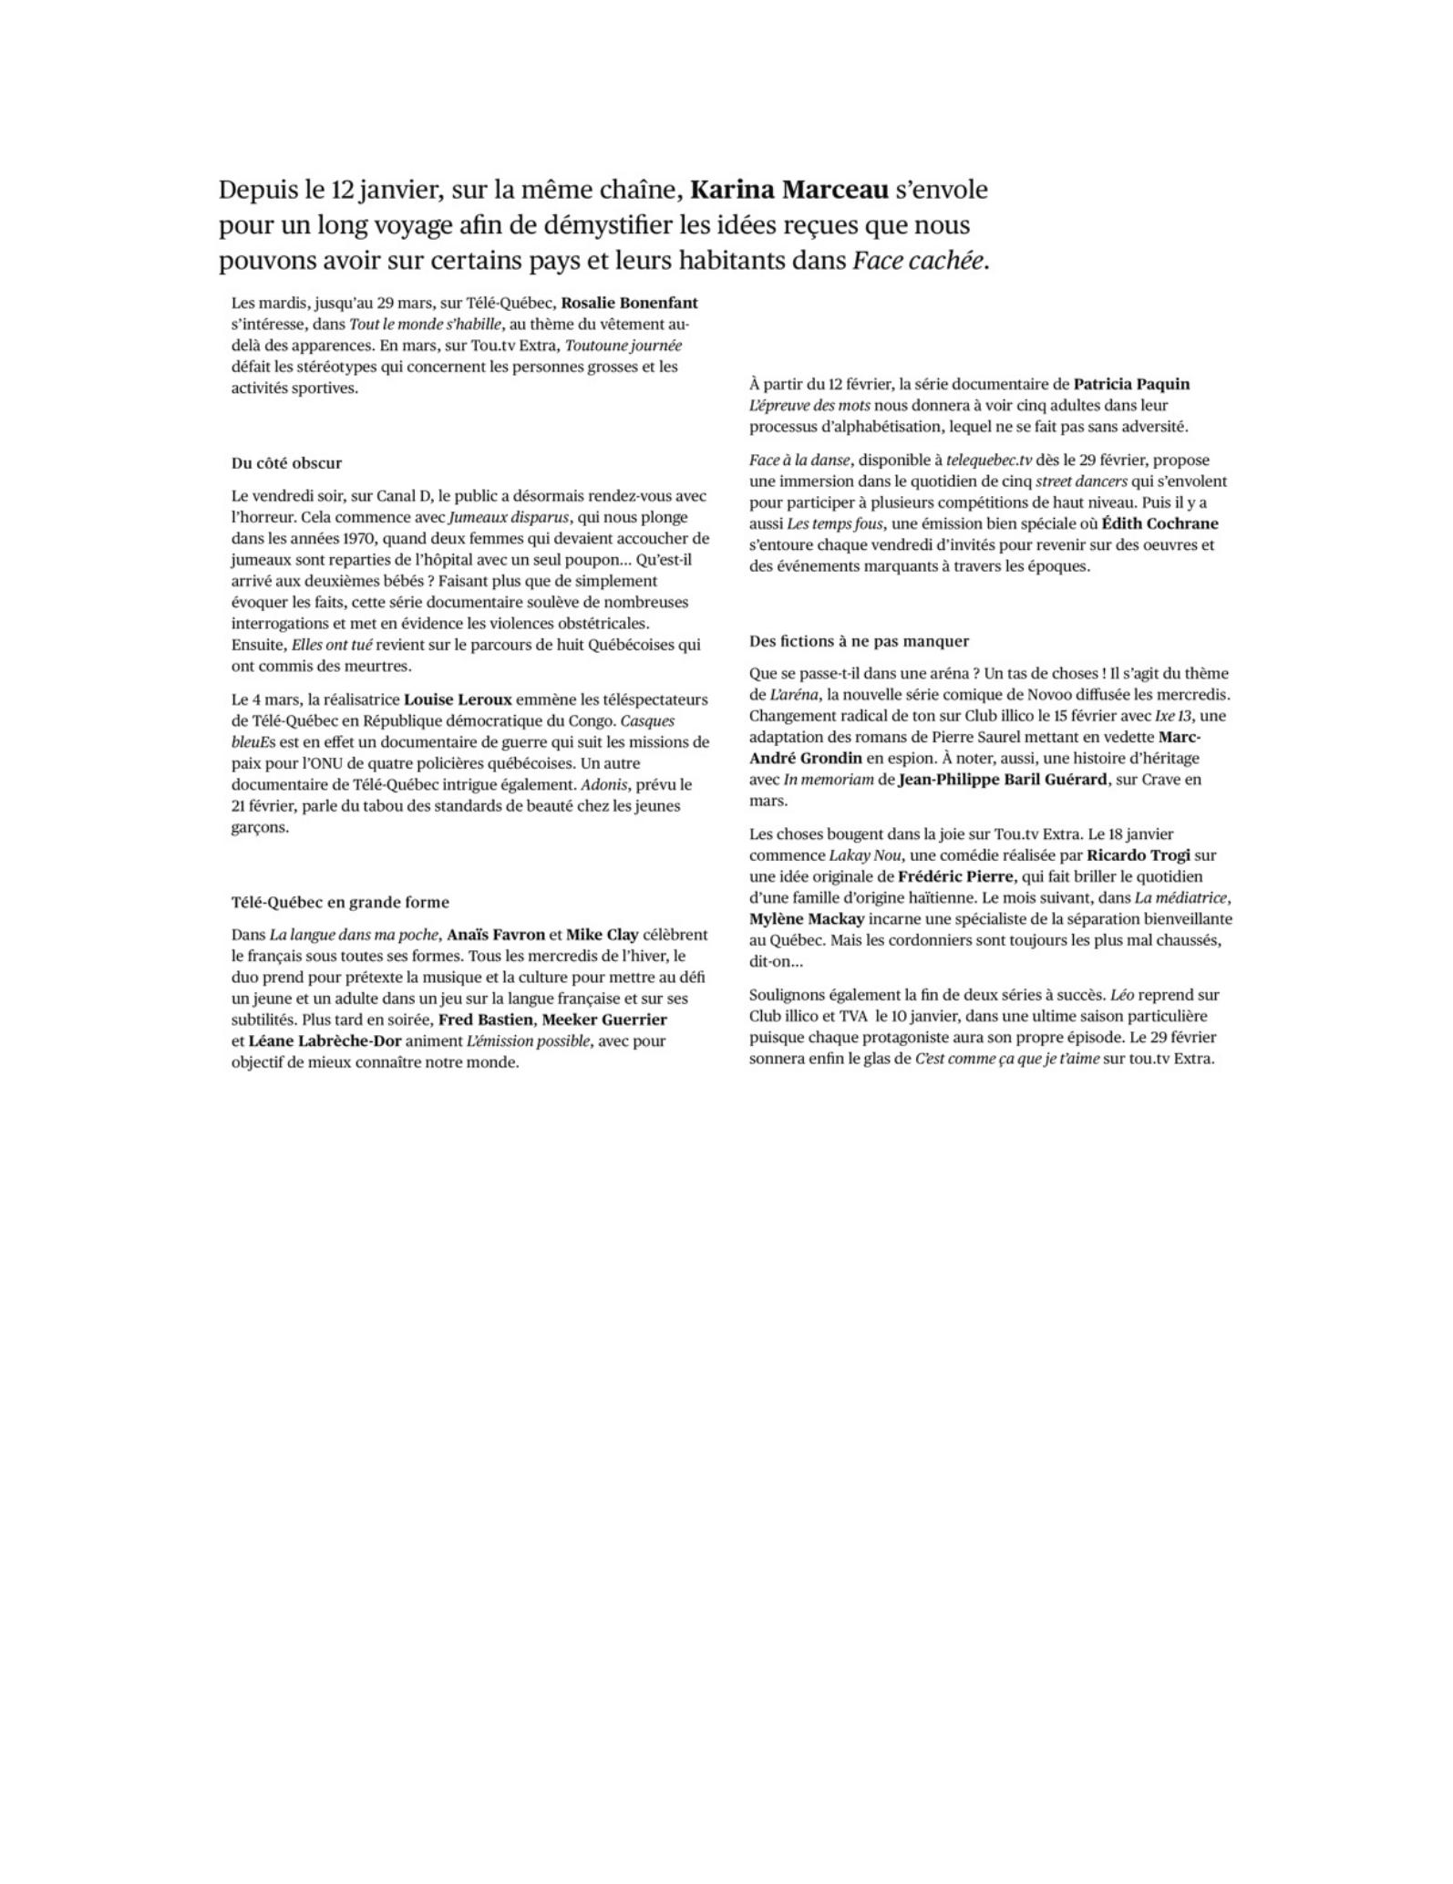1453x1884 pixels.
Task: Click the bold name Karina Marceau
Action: [x=788, y=190]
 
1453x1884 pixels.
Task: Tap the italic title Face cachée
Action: [x=919, y=261]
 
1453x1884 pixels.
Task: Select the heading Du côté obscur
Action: [x=286, y=463]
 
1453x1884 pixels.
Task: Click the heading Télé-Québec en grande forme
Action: [x=340, y=903]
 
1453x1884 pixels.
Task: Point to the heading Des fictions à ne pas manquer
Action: [x=859, y=641]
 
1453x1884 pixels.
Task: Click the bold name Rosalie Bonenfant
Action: [x=629, y=303]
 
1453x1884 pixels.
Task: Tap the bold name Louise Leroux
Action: [x=458, y=699]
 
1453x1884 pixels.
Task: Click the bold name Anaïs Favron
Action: [x=496, y=935]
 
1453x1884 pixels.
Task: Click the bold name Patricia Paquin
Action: [x=1131, y=384]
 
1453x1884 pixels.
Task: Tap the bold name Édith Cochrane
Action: [x=1159, y=523]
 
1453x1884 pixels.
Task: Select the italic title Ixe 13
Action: [x=1174, y=716]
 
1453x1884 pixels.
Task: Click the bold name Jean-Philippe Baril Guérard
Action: [x=1003, y=780]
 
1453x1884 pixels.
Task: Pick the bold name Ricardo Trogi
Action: [x=1139, y=855]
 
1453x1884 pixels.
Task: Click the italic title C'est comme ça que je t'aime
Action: [x=1006, y=1059]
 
